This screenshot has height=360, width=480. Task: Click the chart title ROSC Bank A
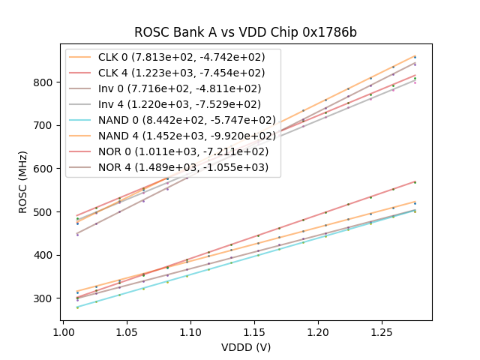(245, 32)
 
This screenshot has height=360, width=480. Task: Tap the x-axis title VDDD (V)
(245, 347)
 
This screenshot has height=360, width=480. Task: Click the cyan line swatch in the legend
(82, 119)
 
